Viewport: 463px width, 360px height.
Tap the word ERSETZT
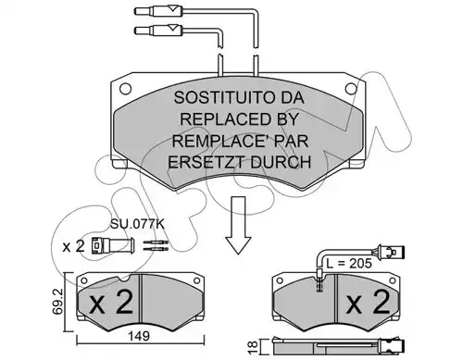pyautogui.click(x=206, y=162)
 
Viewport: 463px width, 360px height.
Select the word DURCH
pyautogui.click(x=281, y=162)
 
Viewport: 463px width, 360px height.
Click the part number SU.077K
pyautogui.click(x=137, y=224)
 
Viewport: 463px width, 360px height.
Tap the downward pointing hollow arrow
pyautogui.click(x=238, y=225)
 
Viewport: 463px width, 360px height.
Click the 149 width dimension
pyautogui.click(x=139, y=336)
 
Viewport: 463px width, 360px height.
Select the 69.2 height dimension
pyautogui.click(x=57, y=302)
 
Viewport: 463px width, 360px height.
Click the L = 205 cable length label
pyautogui.click(x=349, y=263)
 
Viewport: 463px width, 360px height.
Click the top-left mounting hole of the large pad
pyautogui.click(x=125, y=89)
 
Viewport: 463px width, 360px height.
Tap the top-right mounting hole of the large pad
pyautogui.click(x=351, y=89)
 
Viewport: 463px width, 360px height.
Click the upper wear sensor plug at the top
pyautogui.click(x=158, y=11)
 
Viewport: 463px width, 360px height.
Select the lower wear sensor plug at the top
pyautogui.click(x=158, y=30)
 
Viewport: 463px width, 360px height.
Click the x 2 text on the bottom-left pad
pyautogui.click(x=111, y=303)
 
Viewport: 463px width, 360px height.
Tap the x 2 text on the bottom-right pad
pyautogui.click(x=368, y=303)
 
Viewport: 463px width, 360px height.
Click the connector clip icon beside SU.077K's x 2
pyautogui.click(x=113, y=245)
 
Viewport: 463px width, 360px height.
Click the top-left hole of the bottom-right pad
pyautogui.click(x=280, y=280)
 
